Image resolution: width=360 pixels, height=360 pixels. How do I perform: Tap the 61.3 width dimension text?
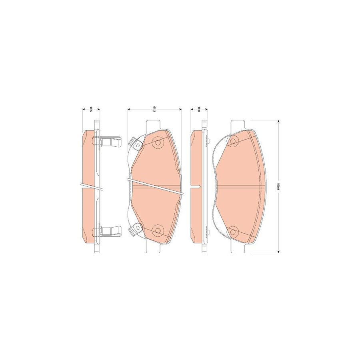pos(154,109)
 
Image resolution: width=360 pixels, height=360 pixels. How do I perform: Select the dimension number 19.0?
pos(199,109)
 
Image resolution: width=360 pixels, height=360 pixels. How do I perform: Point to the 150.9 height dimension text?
pos(276,186)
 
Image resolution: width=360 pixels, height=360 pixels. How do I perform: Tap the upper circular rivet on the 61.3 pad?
pos(158,142)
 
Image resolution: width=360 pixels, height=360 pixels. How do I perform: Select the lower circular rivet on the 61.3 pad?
pos(158,230)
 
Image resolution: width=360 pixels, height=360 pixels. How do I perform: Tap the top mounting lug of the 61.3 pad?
pos(154,125)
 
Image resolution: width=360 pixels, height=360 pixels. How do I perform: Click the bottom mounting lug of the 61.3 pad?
pos(154,248)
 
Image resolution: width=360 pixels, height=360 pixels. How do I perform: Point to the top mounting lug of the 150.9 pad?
pos(239,125)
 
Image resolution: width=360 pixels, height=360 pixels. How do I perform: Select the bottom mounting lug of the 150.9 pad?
pos(239,248)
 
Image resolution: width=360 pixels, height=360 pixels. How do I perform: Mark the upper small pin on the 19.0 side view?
pos(208,140)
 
